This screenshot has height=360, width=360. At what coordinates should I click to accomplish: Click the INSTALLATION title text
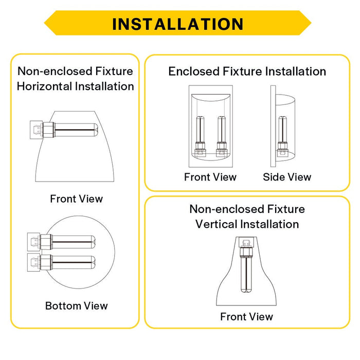tap(178, 24)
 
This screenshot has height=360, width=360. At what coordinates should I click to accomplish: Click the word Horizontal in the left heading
tap(45, 86)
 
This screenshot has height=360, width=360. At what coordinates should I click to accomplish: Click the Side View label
tap(287, 177)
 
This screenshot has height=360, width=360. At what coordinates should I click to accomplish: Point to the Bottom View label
tap(77, 306)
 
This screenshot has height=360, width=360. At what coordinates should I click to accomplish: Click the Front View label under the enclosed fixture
tap(210, 177)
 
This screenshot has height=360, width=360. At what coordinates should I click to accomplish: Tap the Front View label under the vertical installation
tap(246, 317)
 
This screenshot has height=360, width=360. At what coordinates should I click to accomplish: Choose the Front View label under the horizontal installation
tap(77, 199)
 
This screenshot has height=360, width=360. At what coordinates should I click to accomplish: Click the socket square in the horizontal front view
tap(36, 130)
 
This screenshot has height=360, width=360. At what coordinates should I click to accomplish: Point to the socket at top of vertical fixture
tap(246, 242)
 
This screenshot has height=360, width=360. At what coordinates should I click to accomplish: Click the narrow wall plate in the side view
tap(273, 127)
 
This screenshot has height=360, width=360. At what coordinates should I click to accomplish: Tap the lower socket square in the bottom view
tap(34, 262)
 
